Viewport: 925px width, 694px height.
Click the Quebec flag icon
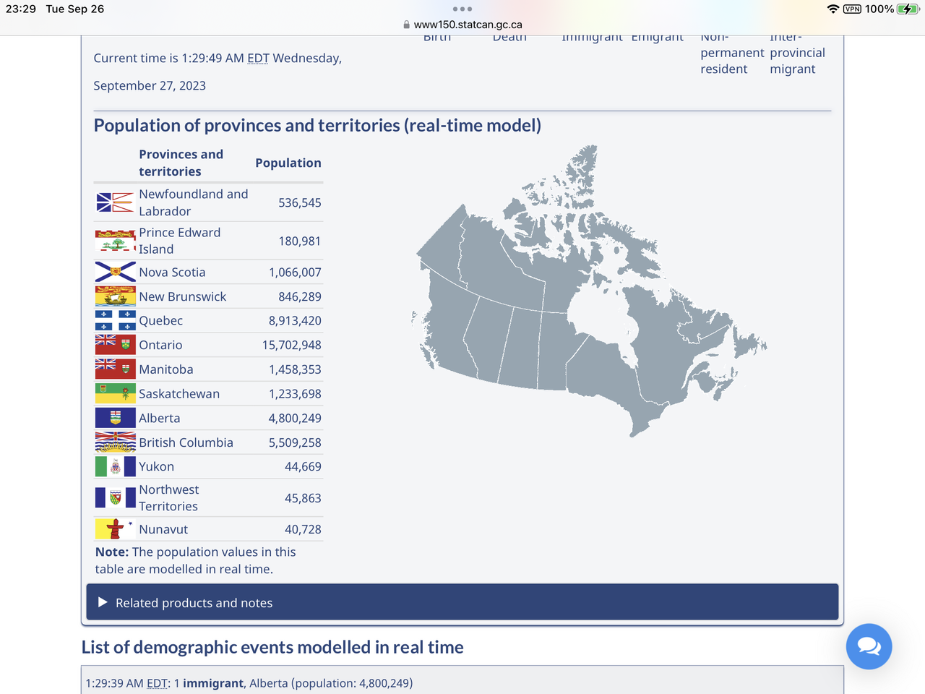[x=115, y=320]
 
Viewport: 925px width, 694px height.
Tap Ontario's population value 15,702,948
[x=291, y=346]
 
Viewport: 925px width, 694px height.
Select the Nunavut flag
[x=115, y=529]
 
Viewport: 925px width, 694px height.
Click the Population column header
[x=288, y=163]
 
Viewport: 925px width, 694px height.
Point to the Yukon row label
[x=156, y=467]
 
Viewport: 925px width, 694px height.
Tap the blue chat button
[x=869, y=646]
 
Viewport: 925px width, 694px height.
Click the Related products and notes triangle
[x=103, y=602]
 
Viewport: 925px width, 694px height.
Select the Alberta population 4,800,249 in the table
[x=295, y=419]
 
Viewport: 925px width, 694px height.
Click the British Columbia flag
[x=115, y=442]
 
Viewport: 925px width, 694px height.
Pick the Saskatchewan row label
[x=179, y=394]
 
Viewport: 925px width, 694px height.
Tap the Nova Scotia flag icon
[x=115, y=272]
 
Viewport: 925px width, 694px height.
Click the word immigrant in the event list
[x=212, y=683]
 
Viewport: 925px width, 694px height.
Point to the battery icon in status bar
[x=907, y=9]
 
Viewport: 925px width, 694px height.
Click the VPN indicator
[x=852, y=9]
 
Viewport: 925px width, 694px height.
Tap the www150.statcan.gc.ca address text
[x=468, y=25]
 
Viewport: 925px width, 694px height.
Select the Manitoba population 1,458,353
[x=295, y=369]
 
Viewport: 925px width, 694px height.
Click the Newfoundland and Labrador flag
[x=115, y=202]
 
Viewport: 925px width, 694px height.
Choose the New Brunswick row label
[x=182, y=297]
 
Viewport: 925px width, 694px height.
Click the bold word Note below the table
[x=111, y=552]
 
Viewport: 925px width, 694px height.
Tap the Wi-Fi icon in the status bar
[x=833, y=9]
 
